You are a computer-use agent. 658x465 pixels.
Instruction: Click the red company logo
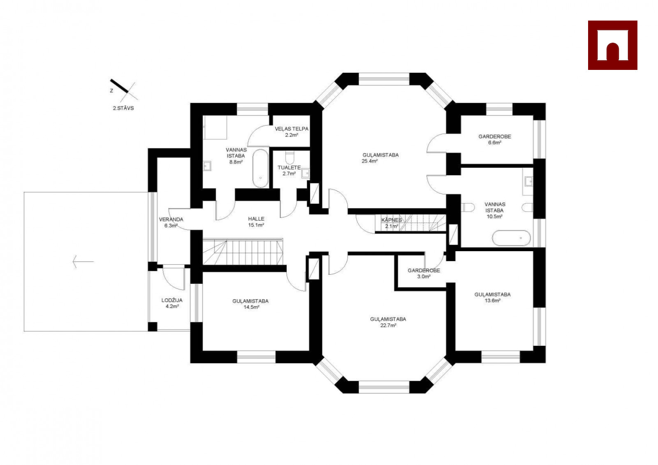(x=612, y=45)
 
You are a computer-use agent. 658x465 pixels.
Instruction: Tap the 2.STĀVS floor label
(x=123, y=108)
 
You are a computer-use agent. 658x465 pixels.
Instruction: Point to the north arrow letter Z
(x=111, y=91)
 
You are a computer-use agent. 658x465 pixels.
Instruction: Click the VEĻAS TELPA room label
(x=292, y=129)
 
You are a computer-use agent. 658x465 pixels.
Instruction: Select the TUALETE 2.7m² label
(x=289, y=171)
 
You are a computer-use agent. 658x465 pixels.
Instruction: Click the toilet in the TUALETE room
(x=290, y=157)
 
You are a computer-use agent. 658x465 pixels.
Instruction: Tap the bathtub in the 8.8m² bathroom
(x=261, y=169)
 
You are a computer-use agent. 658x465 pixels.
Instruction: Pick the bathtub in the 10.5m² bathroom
(x=512, y=238)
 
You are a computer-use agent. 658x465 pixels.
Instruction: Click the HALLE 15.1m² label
(x=256, y=222)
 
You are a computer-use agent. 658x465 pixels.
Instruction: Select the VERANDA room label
(x=171, y=220)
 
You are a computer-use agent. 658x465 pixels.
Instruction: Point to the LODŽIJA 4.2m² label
(x=172, y=303)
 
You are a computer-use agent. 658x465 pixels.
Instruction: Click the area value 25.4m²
(x=370, y=161)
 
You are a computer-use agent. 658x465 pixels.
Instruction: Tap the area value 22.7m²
(x=388, y=326)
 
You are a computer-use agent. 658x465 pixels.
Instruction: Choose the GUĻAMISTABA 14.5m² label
(x=250, y=304)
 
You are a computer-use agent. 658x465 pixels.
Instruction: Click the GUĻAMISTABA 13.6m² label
(x=493, y=298)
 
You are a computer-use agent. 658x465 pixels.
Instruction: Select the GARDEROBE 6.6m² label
(x=495, y=139)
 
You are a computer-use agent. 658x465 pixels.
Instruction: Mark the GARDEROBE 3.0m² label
(x=424, y=273)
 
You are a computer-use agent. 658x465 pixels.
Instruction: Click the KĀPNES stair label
(x=392, y=220)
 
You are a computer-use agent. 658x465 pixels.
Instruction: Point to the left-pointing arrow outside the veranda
(x=83, y=261)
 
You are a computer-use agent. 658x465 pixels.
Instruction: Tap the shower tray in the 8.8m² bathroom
(x=215, y=127)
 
